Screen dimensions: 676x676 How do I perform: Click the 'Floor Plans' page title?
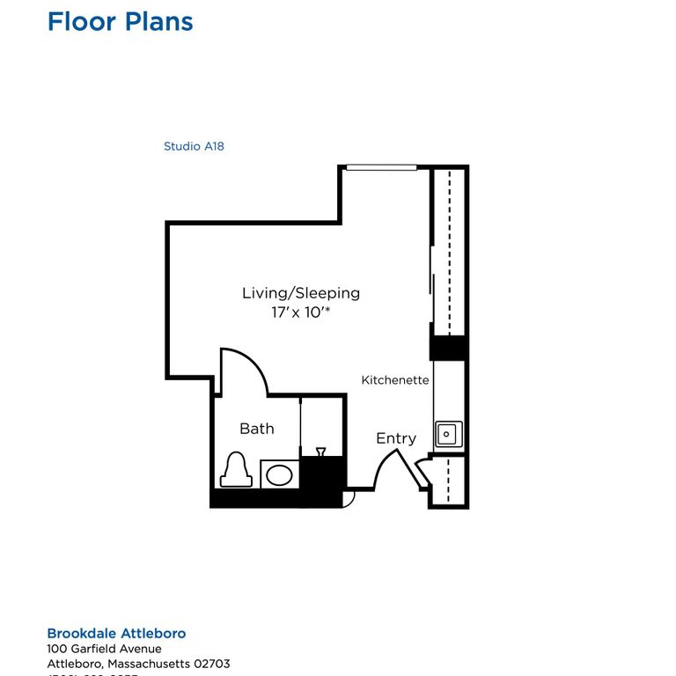(x=120, y=21)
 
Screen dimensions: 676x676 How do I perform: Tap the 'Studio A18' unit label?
(x=194, y=146)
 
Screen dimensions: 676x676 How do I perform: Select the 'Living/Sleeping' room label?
(x=301, y=293)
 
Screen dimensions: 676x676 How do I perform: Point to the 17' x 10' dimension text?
(x=301, y=312)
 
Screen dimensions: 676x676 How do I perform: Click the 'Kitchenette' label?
(x=395, y=380)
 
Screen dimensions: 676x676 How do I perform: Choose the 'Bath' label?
(x=257, y=429)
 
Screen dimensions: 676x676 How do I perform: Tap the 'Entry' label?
(x=396, y=438)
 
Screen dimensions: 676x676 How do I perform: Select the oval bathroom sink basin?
(x=279, y=475)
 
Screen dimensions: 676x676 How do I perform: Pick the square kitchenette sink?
(x=448, y=433)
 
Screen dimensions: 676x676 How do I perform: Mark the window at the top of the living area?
(x=381, y=167)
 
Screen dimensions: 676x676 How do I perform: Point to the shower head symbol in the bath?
(x=321, y=452)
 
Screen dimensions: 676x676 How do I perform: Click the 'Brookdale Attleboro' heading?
(x=116, y=634)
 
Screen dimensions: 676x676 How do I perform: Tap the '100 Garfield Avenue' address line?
(x=104, y=649)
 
